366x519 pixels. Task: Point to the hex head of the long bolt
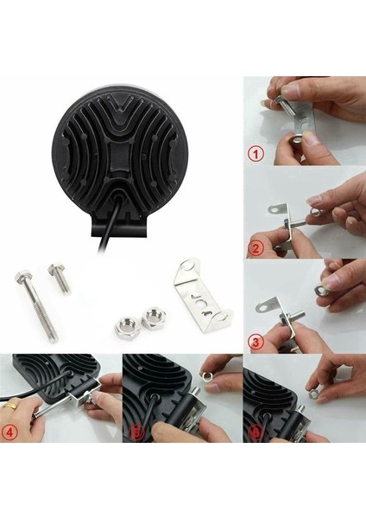pyautogui.click(x=22, y=279)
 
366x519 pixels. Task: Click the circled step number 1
pyautogui.click(x=256, y=155)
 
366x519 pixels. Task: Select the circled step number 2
pyautogui.click(x=256, y=248)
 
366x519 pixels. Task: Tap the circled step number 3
pyautogui.click(x=256, y=341)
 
